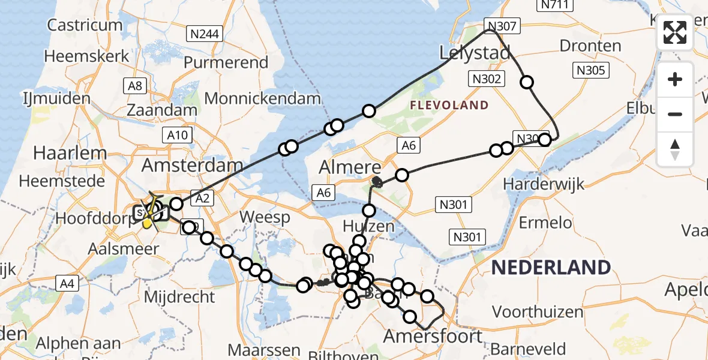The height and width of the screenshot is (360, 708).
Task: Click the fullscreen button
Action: point(675,32)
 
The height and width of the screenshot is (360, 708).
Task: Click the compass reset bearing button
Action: point(675,149)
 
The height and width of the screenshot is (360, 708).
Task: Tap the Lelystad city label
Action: point(475,52)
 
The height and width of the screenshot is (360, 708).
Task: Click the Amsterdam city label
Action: point(192,165)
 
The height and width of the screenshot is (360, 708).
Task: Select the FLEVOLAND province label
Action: point(449,106)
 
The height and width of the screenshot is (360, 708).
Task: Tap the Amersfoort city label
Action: point(433,336)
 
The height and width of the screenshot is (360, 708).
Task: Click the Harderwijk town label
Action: point(544,184)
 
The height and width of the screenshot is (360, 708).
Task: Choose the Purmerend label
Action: point(226,62)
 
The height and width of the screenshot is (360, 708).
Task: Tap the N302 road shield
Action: point(487,79)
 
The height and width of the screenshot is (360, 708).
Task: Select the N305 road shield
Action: point(591,70)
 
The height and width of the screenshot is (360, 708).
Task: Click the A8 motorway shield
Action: point(135,86)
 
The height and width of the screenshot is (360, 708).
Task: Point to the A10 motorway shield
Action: point(178,136)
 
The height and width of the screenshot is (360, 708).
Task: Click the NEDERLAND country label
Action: point(551,267)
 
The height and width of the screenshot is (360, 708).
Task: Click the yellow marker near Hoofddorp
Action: point(148,223)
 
